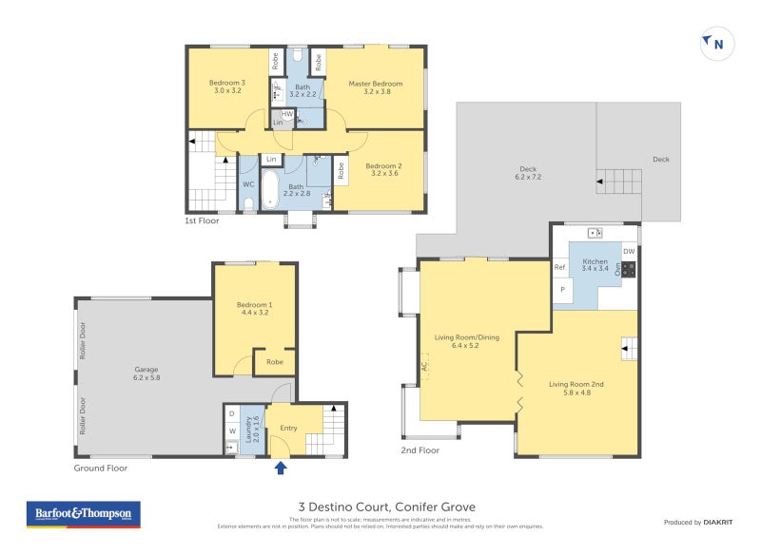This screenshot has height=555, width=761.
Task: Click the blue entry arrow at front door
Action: (x=281, y=467)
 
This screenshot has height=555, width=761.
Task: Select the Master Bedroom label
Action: (x=375, y=88)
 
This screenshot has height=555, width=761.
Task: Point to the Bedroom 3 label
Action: (x=227, y=86)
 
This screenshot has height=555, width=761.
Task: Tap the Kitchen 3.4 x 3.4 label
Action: (x=595, y=265)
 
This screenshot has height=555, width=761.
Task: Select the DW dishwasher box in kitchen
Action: (x=628, y=251)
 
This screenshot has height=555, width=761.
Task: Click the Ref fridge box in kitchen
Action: (x=560, y=268)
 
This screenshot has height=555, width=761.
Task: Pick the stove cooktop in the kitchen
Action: (x=628, y=269)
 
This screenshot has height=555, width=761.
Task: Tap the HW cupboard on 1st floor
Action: (x=287, y=114)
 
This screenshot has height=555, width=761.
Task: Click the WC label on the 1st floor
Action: (x=247, y=184)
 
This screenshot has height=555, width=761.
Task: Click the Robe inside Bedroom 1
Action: (x=274, y=362)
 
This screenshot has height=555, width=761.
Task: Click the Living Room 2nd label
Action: (x=576, y=388)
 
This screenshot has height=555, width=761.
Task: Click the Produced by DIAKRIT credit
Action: (x=697, y=522)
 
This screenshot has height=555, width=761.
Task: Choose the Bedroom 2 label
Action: (x=383, y=170)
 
